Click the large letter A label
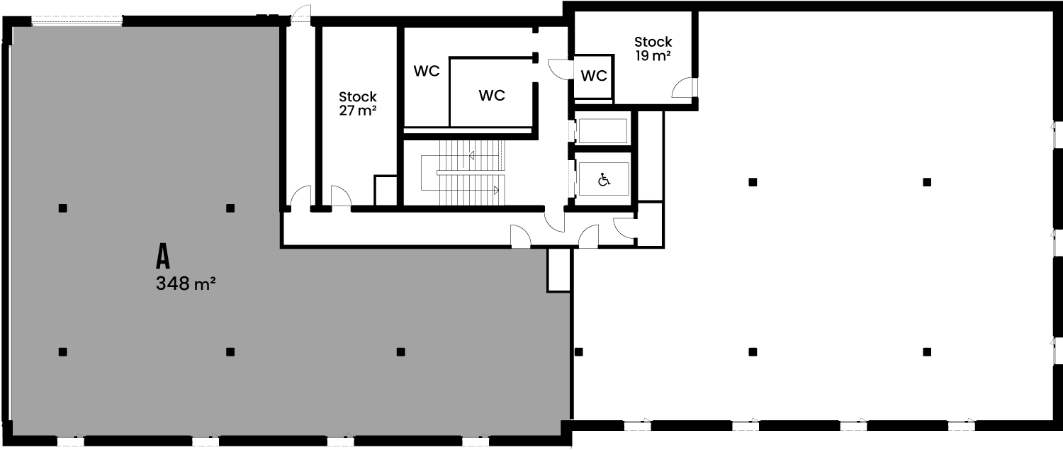(163, 257)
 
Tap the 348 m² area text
(186, 284)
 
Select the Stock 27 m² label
(358, 103)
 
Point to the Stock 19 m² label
(653, 49)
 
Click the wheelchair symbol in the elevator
(604, 180)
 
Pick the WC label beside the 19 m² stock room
(594, 76)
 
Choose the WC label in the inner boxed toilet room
(492, 96)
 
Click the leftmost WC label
(427, 71)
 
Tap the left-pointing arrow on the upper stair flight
(472, 155)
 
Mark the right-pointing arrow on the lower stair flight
(496, 191)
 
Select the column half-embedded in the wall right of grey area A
(578, 352)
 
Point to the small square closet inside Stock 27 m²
(386, 191)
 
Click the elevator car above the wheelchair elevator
(602, 130)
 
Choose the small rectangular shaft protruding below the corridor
(558, 269)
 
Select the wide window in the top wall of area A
(77, 21)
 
